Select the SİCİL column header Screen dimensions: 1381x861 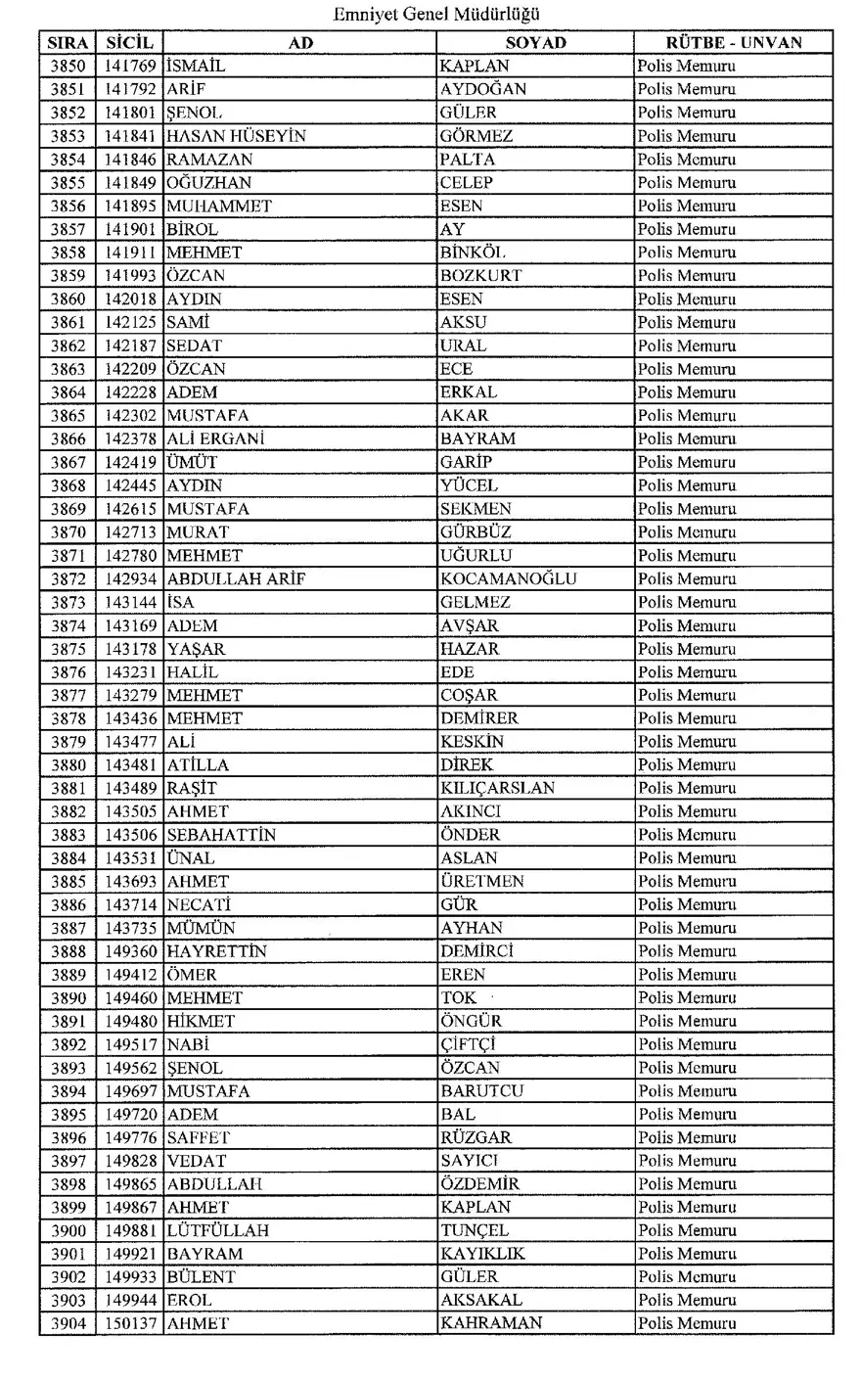[129, 43]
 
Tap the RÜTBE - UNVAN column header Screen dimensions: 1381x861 [733, 43]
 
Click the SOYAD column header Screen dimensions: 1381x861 [535, 43]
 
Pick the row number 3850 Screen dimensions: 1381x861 [68, 67]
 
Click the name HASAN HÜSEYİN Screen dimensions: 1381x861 [236, 136]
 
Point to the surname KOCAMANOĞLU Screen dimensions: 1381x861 [508, 578]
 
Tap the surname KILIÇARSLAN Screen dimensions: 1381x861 [497, 788]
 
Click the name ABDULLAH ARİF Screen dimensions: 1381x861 [236, 578]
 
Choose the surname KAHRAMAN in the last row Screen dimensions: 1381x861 [486, 1323]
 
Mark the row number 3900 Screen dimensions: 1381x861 [68, 1230]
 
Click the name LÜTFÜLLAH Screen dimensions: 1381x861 [217, 1230]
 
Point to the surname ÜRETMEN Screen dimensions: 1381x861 [482, 881]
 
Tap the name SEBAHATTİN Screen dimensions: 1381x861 [221, 835]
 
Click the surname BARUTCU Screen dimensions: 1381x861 [481, 1090]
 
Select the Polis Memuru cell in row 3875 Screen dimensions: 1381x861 [686, 649]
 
